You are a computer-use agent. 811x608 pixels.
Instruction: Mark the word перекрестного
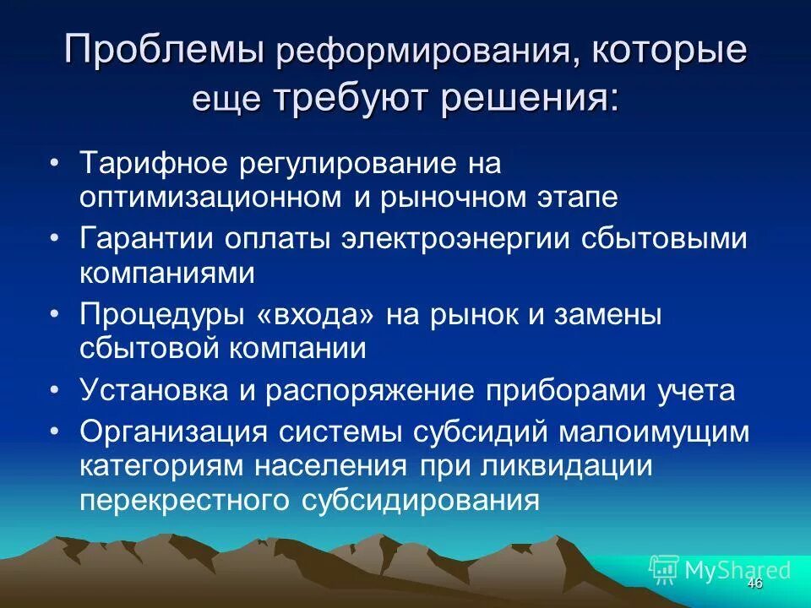tap(183, 500)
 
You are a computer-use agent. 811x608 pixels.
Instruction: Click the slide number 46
tap(754, 584)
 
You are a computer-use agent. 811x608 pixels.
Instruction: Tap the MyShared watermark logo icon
tap(664, 568)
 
